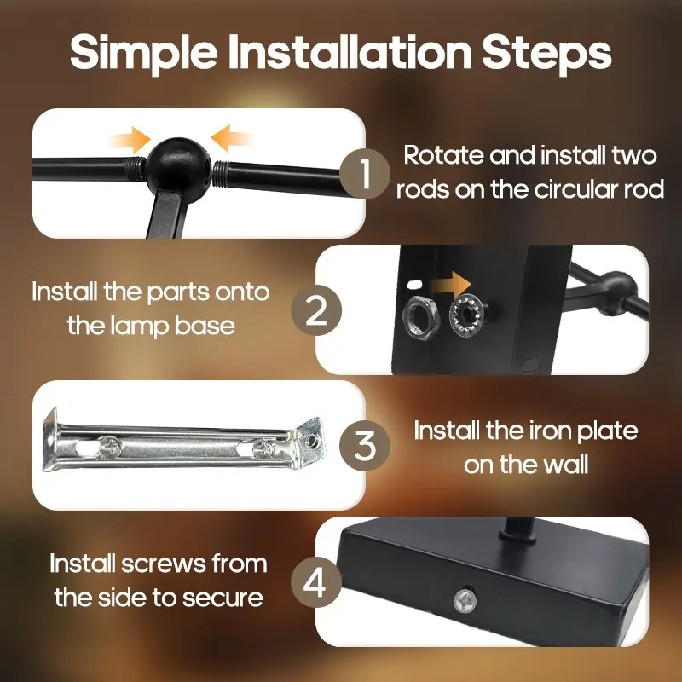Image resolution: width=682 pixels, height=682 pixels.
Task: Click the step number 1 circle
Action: (365, 174)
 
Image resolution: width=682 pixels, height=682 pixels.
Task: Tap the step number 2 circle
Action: (316, 310)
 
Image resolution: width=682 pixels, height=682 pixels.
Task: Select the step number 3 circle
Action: (365, 446)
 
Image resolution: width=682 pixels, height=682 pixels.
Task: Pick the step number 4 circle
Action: (316, 582)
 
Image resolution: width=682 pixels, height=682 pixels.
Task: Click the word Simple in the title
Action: (143, 53)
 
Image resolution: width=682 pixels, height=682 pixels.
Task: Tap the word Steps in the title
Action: (546, 53)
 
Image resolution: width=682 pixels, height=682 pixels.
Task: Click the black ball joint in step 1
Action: (178, 170)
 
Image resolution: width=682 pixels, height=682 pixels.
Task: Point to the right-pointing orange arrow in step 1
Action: (130, 140)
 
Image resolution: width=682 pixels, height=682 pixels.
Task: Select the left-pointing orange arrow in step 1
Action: (231, 138)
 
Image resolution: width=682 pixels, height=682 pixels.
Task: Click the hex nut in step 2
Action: (420, 316)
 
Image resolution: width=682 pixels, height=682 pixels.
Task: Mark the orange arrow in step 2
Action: (449, 285)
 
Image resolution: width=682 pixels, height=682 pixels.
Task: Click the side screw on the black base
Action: (465, 602)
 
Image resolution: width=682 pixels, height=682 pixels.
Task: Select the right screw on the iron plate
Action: (263, 448)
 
